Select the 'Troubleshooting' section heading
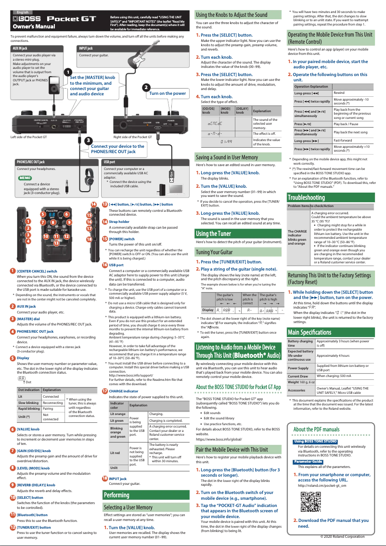tap(306, 197)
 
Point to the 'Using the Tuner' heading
tap(213, 234)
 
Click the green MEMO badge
tap(25, 178)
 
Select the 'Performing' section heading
tap(116, 495)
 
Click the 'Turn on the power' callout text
tap(167, 93)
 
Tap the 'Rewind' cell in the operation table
tap(339, 93)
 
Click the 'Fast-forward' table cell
tap(342, 140)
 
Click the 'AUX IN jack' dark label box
tap(20, 49)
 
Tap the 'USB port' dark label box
tap(110, 162)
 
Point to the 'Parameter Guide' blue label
tap(308, 462)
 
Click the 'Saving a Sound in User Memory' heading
tap(226, 157)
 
